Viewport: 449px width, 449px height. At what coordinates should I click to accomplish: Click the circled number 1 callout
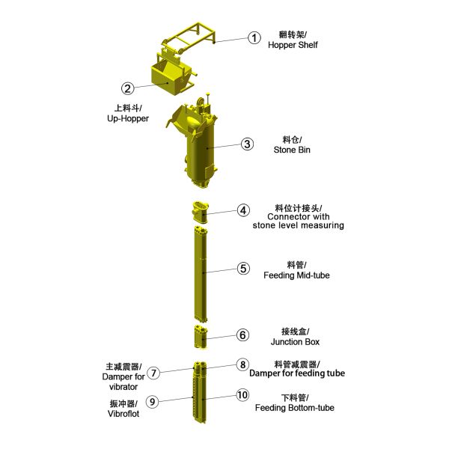pos(254,37)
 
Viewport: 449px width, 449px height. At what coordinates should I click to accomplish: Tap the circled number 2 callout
pos(128,88)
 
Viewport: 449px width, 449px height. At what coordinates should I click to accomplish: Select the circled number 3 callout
pos(247,144)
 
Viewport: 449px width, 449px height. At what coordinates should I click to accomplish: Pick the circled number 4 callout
pos(243,210)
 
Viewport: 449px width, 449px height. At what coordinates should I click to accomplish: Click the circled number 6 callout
pos(242,335)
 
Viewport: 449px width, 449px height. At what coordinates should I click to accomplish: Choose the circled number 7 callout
pos(153,373)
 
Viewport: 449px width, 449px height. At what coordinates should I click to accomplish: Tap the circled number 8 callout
pos(242,364)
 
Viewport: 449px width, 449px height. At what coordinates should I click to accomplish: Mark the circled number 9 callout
pos(152,402)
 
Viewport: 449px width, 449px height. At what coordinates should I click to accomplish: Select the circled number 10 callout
pos(242,394)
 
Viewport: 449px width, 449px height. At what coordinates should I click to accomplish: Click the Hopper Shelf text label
pos(293,45)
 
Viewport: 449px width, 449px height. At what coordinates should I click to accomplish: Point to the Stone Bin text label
pos(291,150)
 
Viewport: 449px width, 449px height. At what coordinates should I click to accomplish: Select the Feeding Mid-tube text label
pos(296,275)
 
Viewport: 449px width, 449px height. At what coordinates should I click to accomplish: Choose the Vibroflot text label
pos(123,413)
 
